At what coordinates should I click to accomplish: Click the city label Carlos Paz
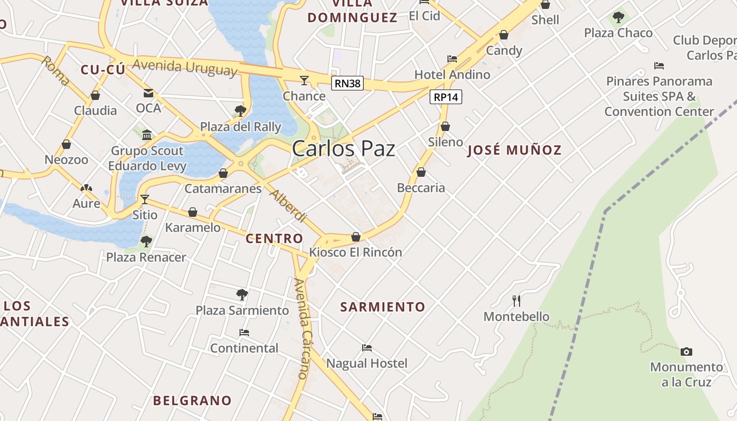click(343, 149)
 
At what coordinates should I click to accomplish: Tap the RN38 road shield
click(347, 83)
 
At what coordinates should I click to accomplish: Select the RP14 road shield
click(446, 97)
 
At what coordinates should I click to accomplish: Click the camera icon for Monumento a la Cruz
click(686, 352)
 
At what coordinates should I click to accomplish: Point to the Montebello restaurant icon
click(516, 301)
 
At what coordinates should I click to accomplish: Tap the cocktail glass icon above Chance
click(304, 81)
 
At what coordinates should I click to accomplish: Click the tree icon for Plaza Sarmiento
click(242, 295)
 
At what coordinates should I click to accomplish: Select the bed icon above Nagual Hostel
click(367, 348)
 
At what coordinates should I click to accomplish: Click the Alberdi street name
click(288, 206)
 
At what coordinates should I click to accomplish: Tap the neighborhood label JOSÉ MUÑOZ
click(514, 151)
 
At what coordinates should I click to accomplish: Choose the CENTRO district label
click(274, 238)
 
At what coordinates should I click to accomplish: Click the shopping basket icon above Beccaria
click(421, 172)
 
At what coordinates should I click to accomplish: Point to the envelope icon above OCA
click(148, 93)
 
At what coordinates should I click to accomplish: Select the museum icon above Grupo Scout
click(147, 135)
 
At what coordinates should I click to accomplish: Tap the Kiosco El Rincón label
click(355, 252)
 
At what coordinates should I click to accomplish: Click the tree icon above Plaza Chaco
click(619, 17)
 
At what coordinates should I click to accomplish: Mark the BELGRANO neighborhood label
click(192, 400)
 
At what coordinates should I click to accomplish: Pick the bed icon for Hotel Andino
click(452, 59)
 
